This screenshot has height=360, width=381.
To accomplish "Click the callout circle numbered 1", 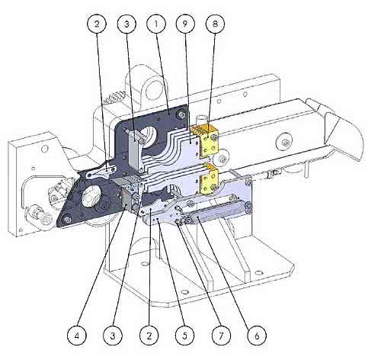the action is pos(156,24).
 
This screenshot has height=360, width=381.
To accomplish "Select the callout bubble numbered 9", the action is pos(185,24).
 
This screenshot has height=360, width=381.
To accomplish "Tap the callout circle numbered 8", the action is pos(215,24).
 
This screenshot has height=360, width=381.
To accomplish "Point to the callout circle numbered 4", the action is pos(77,336).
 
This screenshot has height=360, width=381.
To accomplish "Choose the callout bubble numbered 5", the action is pos(185,336).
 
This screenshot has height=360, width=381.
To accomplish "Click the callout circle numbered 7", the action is pos(221,336).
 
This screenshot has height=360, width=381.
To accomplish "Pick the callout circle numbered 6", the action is pos(257,336).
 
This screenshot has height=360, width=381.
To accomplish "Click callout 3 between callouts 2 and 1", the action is pos(126,24).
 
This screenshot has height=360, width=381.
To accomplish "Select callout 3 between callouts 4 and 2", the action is pos(113,336).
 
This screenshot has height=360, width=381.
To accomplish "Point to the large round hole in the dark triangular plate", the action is pos(90,195).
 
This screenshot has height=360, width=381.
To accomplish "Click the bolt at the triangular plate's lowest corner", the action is pos(67,219).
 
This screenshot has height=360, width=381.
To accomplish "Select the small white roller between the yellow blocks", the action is pos(221,159).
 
